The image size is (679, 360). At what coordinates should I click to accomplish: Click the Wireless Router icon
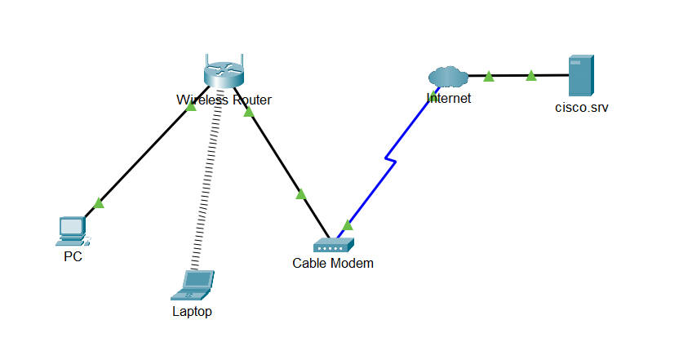224,75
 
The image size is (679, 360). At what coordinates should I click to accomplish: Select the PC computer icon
72,230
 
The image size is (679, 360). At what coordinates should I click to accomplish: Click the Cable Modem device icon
333,245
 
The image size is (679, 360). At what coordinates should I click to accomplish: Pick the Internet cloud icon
448,77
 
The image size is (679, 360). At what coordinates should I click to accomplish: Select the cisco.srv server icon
580,76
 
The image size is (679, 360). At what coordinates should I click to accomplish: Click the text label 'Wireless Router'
224,100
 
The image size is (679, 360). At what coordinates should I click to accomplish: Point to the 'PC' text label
73,256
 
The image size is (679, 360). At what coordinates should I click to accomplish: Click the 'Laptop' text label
192,311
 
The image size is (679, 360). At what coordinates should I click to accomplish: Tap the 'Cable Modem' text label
333,263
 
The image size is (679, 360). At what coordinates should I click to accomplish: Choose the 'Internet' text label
448,99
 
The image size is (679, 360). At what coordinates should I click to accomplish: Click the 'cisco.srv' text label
581,106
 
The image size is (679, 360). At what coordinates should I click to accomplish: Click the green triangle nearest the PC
99,202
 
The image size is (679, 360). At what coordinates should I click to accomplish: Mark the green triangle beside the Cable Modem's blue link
348,224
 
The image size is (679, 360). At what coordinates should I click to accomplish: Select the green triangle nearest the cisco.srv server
531,75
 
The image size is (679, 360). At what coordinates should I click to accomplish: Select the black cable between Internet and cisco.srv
510,76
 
